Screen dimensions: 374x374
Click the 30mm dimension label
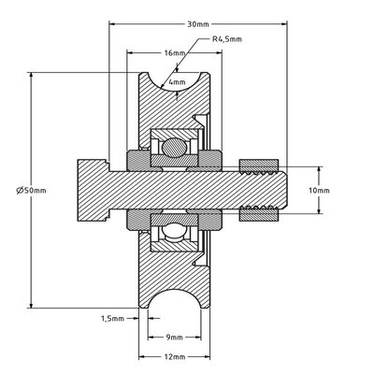(198, 24)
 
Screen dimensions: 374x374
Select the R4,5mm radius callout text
(227, 39)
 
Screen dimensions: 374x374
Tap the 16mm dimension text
(175, 52)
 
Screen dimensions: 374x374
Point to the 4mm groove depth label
(177, 82)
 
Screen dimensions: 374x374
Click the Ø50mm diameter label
(31, 190)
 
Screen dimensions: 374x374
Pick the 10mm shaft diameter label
(319, 190)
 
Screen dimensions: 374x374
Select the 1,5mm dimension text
(112, 319)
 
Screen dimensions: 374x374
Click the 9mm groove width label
(175, 338)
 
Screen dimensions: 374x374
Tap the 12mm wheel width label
(175, 356)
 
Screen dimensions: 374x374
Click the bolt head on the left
(93, 190)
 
